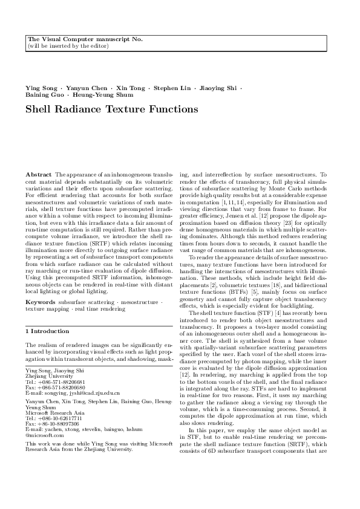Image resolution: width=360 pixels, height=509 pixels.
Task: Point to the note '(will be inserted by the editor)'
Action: [68, 45]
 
